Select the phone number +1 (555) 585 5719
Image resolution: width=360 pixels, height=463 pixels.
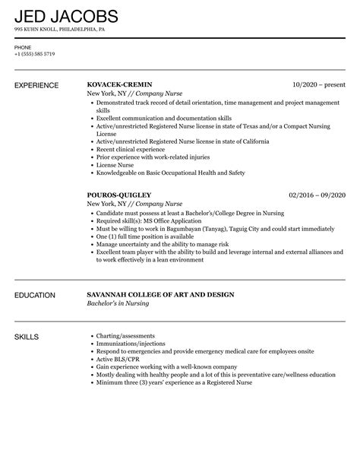(34, 55)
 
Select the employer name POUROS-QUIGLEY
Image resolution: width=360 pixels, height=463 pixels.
(120, 195)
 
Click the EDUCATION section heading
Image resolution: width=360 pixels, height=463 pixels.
(37, 294)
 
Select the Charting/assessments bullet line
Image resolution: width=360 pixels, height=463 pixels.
(125, 335)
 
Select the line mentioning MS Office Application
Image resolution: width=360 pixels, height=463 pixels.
(144, 221)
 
